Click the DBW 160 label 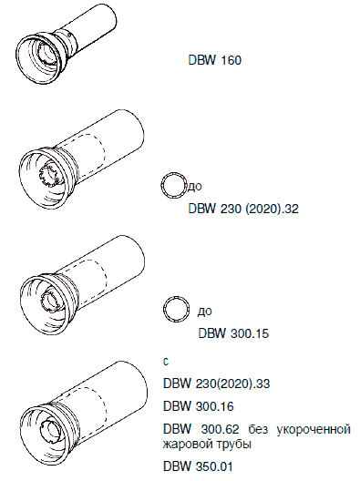(215, 60)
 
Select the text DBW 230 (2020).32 (243, 209)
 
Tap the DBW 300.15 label (233, 333)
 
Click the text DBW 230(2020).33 (216, 384)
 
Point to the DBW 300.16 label (199, 406)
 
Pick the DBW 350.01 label (198, 466)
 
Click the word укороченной (314, 430)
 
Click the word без (259, 429)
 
